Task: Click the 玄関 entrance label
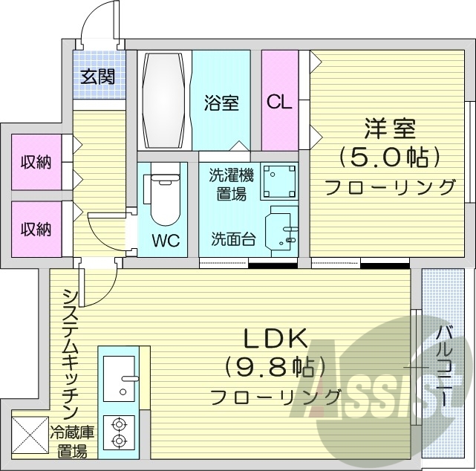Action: (x=98, y=77)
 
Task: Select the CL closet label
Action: (x=278, y=103)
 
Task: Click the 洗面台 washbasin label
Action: (x=230, y=239)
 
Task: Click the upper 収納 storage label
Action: (x=35, y=161)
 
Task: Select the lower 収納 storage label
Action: (x=35, y=230)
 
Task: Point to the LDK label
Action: (x=277, y=339)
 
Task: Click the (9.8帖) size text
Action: (x=277, y=367)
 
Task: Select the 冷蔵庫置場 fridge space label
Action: (x=70, y=441)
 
